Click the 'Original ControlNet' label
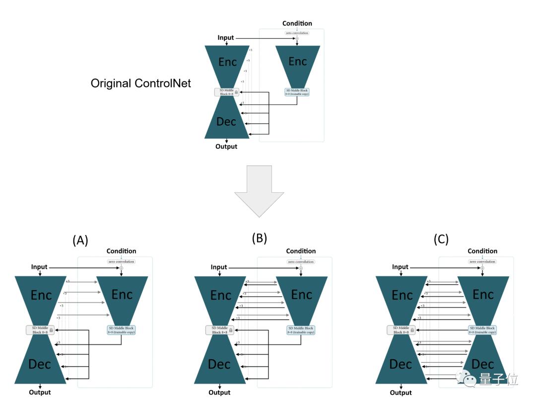(x=140, y=83)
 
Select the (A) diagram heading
(x=80, y=241)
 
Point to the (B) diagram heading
(x=259, y=238)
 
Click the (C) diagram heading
(x=441, y=240)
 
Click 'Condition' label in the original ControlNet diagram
(x=297, y=23)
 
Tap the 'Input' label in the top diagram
(x=226, y=38)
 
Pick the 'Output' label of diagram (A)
(x=40, y=392)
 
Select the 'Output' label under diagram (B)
(x=219, y=393)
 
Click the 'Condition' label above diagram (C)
(x=482, y=251)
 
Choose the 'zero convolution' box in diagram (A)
(x=121, y=261)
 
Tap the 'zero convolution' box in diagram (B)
(x=301, y=261)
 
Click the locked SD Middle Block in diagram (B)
(x=220, y=330)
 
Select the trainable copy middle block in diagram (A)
(x=121, y=330)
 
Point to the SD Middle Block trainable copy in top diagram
(x=297, y=92)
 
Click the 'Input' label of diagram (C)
(x=400, y=267)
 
